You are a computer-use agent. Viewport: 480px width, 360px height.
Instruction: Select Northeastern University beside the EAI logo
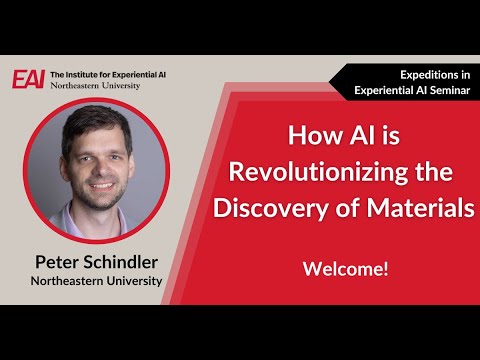[95, 86]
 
